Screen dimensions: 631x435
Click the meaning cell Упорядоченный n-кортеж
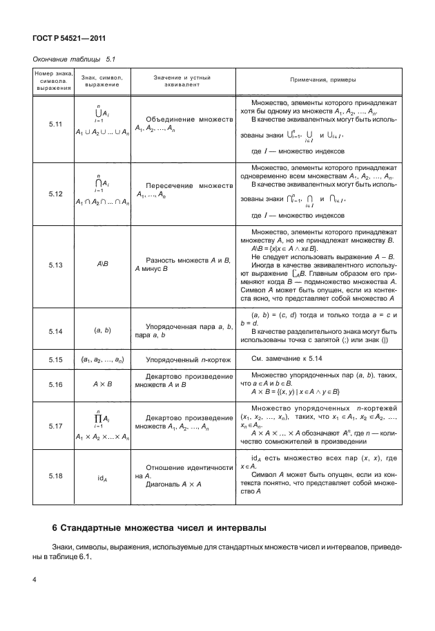tap(185, 359)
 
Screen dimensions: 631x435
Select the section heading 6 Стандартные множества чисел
tap(158, 529)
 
